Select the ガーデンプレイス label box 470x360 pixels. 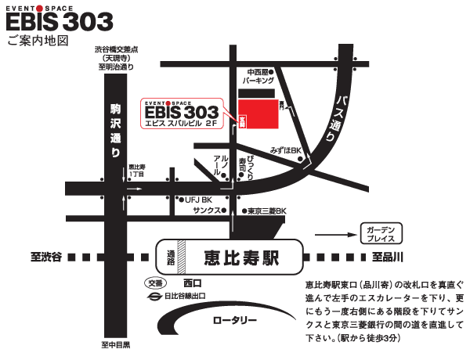click(x=382, y=232)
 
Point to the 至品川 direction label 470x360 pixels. click(x=387, y=256)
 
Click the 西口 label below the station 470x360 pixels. click(x=192, y=283)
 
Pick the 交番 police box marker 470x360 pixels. click(x=156, y=283)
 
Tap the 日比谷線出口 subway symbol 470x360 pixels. click(x=154, y=296)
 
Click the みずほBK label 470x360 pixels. click(x=285, y=149)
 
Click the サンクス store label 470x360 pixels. click(x=207, y=211)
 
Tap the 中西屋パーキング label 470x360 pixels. click(x=258, y=76)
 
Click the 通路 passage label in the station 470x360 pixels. click(x=171, y=255)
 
